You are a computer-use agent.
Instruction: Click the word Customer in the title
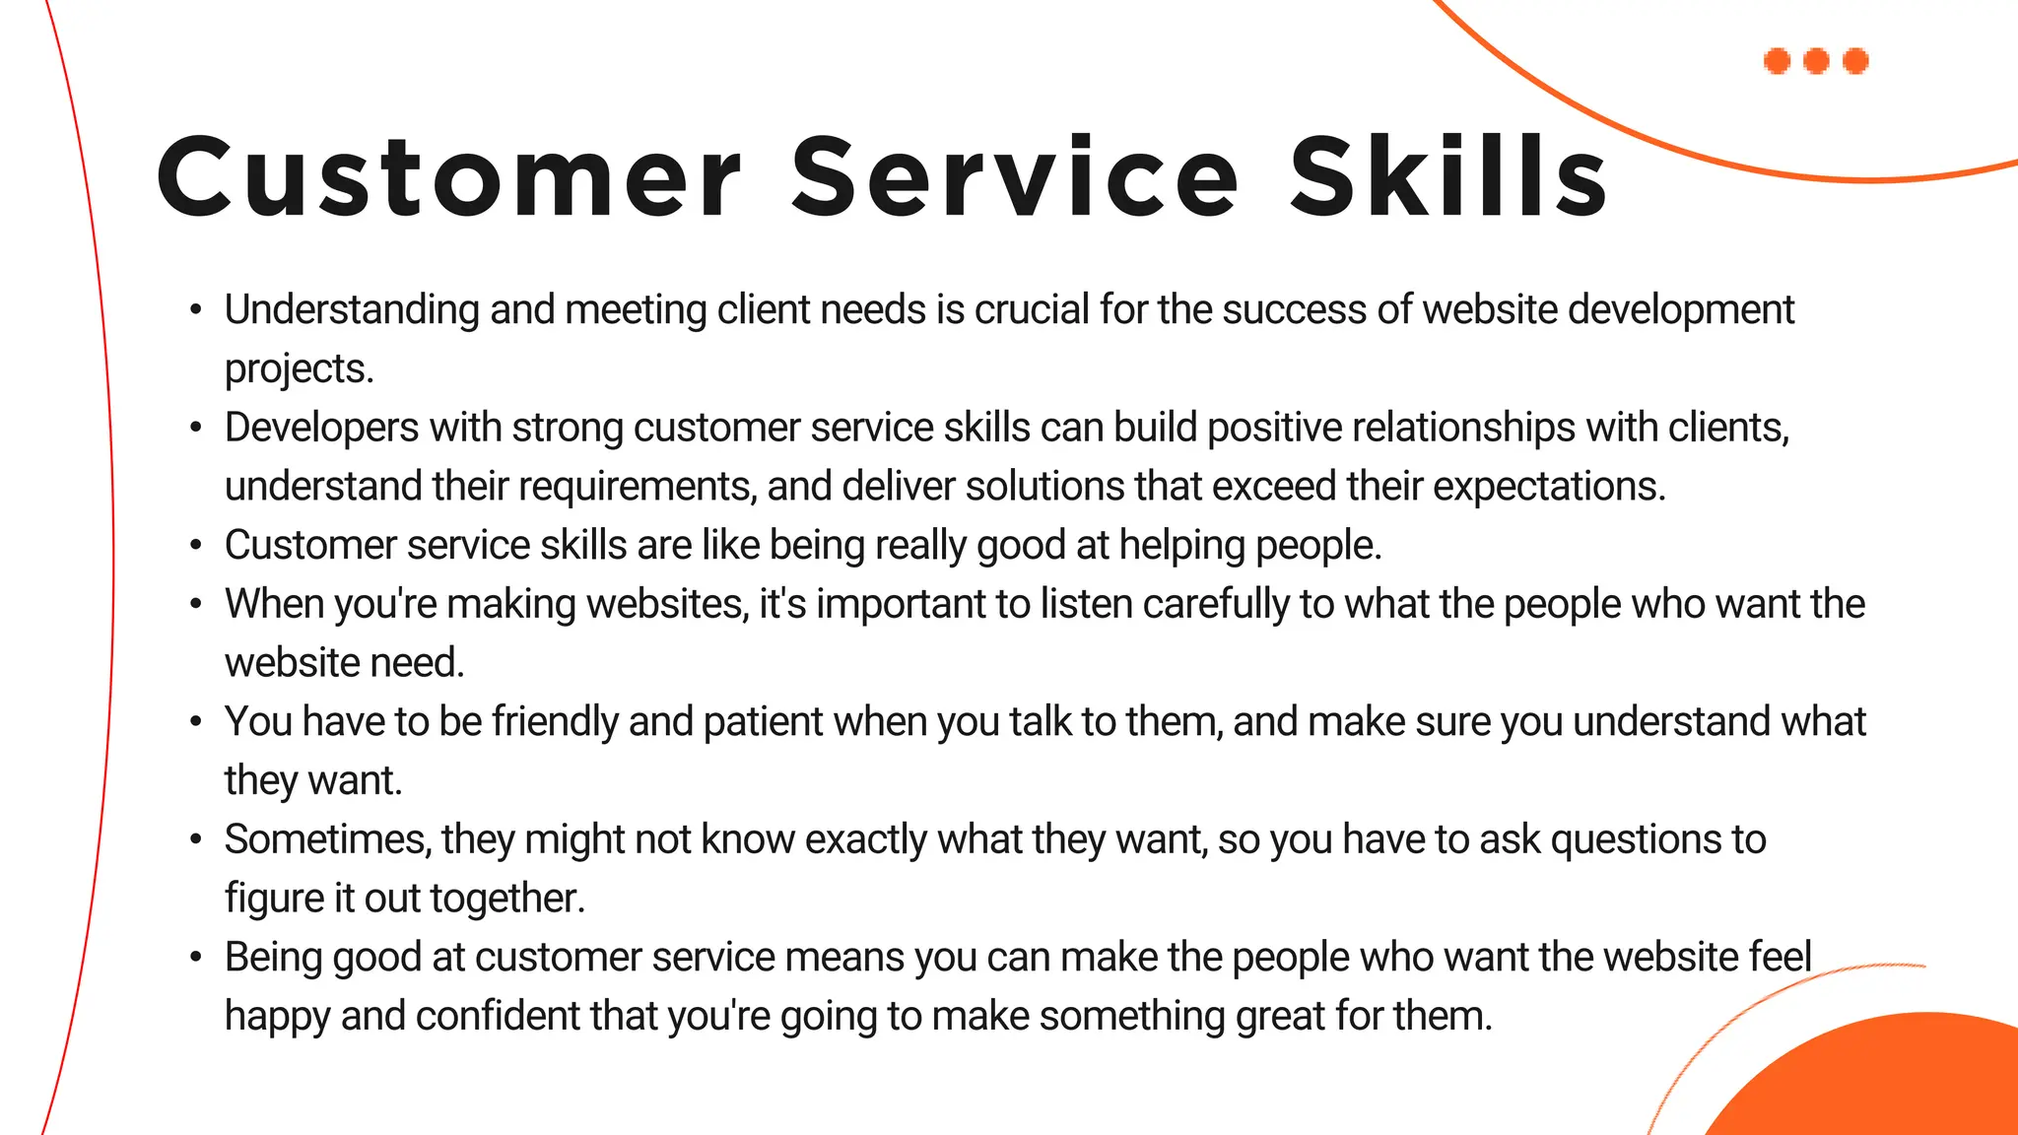click(x=448, y=177)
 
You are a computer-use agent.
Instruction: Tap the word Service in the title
click(x=1015, y=177)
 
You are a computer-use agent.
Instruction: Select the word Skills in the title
click(x=1448, y=177)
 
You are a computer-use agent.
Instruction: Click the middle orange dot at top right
click(x=1816, y=61)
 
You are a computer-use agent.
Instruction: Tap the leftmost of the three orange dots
click(x=1777, y=61)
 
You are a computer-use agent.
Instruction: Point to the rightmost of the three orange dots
click(x=1855, y=61)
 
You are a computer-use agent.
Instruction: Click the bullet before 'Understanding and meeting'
click(x=196, y=310)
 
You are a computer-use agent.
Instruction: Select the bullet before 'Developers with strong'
click(x=196, y=428)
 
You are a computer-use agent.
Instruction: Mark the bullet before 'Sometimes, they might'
click(x=196, y=839)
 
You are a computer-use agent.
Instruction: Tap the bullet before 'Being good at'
click(x=196, y=957)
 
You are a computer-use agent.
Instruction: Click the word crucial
click(x=1032, y=309)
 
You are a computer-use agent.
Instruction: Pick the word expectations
click(x=1548, y=487)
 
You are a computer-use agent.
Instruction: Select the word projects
click(x=299, y=369)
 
